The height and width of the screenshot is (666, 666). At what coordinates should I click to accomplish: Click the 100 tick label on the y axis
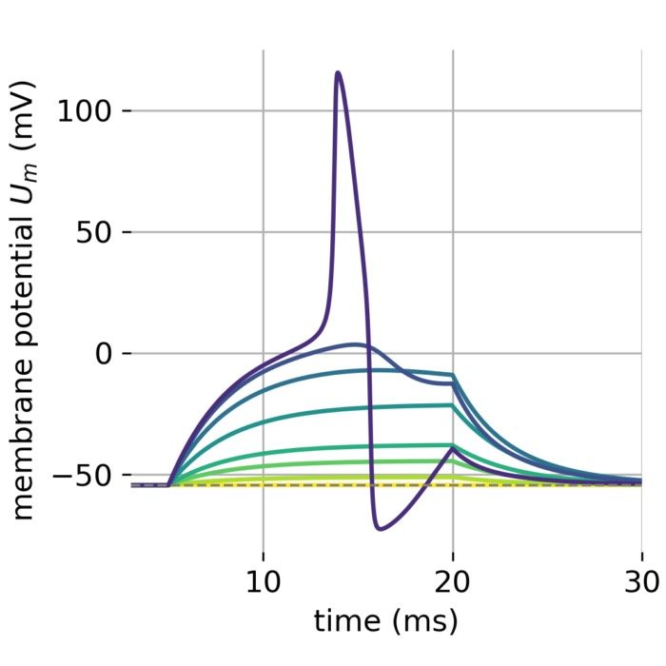point(84,111)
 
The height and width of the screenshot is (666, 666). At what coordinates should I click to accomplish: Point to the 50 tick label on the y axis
point(93,232)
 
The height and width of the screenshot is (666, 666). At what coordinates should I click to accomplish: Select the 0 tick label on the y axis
point(103,353)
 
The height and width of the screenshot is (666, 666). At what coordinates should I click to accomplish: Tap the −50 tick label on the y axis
point(82,475)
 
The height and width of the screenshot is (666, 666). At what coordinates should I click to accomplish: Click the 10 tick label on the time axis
point(264,581)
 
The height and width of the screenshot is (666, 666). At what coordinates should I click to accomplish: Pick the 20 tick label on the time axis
point(453,581)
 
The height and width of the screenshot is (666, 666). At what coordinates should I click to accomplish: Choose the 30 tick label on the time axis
point(642,581)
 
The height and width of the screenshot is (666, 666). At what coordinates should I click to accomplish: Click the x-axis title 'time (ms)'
point(385,621)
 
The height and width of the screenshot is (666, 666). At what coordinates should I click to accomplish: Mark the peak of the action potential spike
point(338,71)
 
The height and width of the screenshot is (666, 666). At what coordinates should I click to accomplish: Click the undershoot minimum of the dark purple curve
point(380,529)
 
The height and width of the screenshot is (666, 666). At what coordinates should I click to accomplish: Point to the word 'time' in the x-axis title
point(347,620)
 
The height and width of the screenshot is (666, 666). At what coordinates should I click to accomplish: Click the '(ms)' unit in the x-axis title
point(425,621)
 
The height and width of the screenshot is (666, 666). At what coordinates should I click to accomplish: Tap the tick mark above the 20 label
point(453,557)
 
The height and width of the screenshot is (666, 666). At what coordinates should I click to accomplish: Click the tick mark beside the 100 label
point(127,111)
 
